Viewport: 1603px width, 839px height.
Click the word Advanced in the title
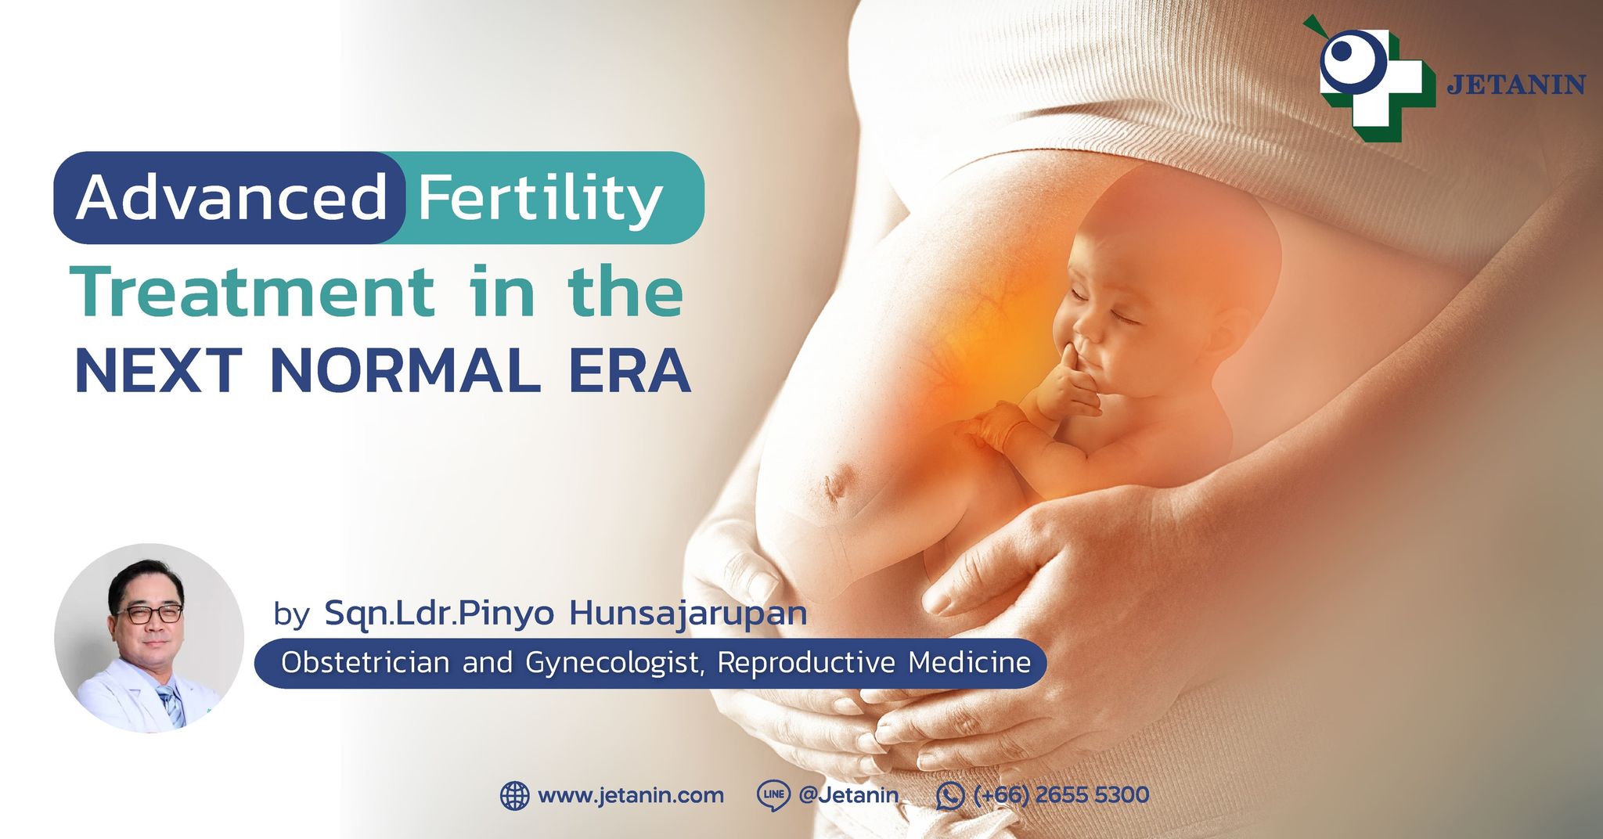tap(232, 197)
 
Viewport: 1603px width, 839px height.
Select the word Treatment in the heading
tap(252, 291)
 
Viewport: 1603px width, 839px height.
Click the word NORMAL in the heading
tap(405, 370)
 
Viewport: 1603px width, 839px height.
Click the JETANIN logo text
tap(1516, 85)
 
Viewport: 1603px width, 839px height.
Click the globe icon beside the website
tap(514, 796)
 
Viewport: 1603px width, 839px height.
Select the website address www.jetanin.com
tap(631, 796)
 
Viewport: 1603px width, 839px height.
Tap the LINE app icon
tap(773, 795)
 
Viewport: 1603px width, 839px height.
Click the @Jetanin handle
tap(848, 795)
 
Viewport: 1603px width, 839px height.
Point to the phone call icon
tap(950, 796)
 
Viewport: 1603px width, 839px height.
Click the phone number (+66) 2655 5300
tap(1061, 795)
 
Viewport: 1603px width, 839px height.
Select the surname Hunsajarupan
tap(688, 614)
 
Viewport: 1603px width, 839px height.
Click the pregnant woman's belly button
tap(834, 486)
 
